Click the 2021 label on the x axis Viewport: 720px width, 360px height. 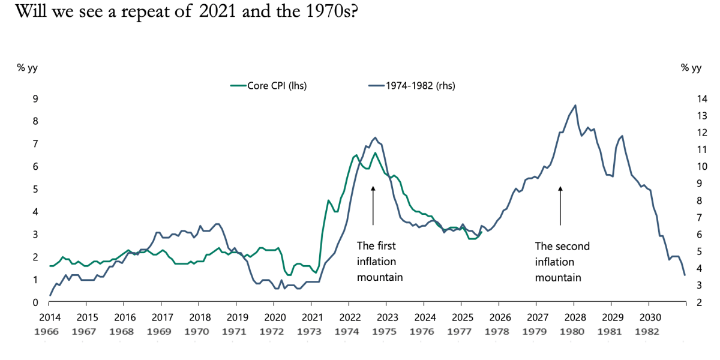click(312, 317)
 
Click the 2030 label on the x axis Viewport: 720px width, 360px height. click(649, 317)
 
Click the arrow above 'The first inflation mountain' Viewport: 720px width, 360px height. click(373, 205)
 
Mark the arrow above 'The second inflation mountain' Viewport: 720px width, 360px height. click(560, 205)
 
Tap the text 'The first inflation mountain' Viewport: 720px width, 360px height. click(379, 262)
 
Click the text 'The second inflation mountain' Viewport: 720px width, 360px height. click(562, 262)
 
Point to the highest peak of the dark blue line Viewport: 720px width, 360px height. click(575, 106)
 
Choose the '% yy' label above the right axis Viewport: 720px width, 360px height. click(691, 67)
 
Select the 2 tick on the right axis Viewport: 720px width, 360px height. click(684, 302)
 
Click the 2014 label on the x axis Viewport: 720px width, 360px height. click(49, 317)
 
